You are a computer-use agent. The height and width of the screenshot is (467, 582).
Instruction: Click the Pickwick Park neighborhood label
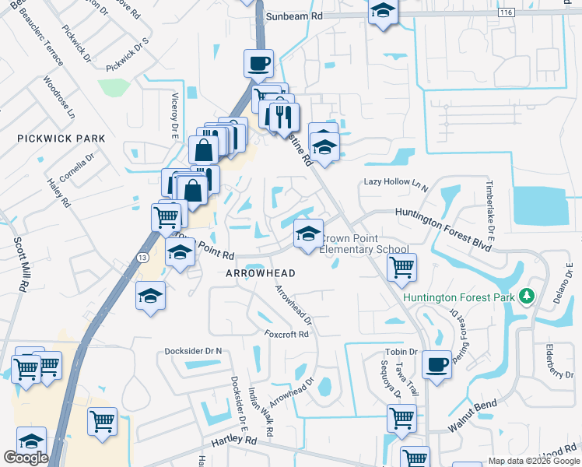[61, 139]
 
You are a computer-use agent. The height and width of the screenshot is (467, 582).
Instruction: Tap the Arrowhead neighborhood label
[261, 273]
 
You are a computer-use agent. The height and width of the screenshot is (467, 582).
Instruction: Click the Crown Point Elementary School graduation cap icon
[308, 233]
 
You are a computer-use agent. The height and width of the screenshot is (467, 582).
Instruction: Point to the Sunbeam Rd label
[294, 16]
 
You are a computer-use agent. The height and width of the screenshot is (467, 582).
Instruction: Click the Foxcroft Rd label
[286, 334]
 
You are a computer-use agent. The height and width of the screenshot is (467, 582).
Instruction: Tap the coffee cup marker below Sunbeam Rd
[258, 63]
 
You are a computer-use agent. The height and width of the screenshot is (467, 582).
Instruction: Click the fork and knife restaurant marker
[282, 116]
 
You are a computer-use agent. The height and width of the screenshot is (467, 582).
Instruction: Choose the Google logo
[26, 458]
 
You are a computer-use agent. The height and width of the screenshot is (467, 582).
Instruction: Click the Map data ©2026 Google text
[533, 461]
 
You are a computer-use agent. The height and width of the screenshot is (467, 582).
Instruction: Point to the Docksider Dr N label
[193, 351]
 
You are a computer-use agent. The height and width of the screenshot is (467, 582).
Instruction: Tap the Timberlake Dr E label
[490, 209]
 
